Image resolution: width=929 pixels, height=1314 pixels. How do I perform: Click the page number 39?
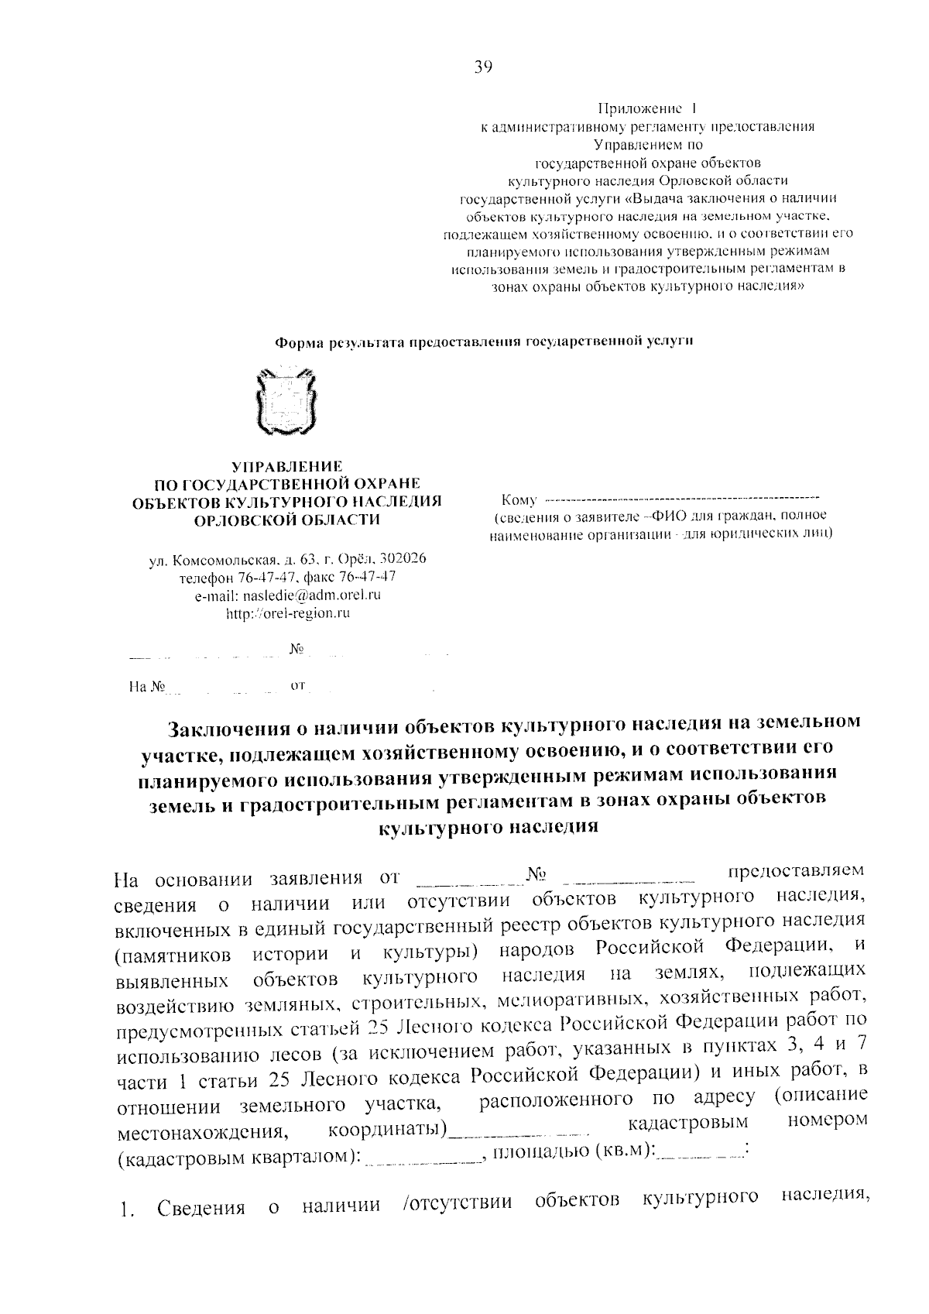pyautogui.click(x=483, y=67)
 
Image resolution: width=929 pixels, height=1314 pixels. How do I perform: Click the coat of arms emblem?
pyautogui.click(x=286, y=404)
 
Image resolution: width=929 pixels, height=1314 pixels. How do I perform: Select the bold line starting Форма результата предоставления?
pyautogui.click(x=484, y=341)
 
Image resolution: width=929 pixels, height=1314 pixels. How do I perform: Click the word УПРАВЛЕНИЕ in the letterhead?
pyautogui.click(x=287, y=467)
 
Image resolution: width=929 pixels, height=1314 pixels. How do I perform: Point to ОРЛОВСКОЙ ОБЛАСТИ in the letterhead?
pyautogui.click(x=287, y=520)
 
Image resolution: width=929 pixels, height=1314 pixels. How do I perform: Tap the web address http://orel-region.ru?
pyautogui.click(x=287, y=612)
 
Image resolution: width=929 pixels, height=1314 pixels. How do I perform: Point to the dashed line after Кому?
pyautogui.click(x=682, y=496)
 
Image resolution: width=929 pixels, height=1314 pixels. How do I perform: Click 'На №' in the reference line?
pyautogui.click(x=149, y=686)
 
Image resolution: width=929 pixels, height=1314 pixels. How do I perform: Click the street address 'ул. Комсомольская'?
pyautogui.click(x=214, y=559)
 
